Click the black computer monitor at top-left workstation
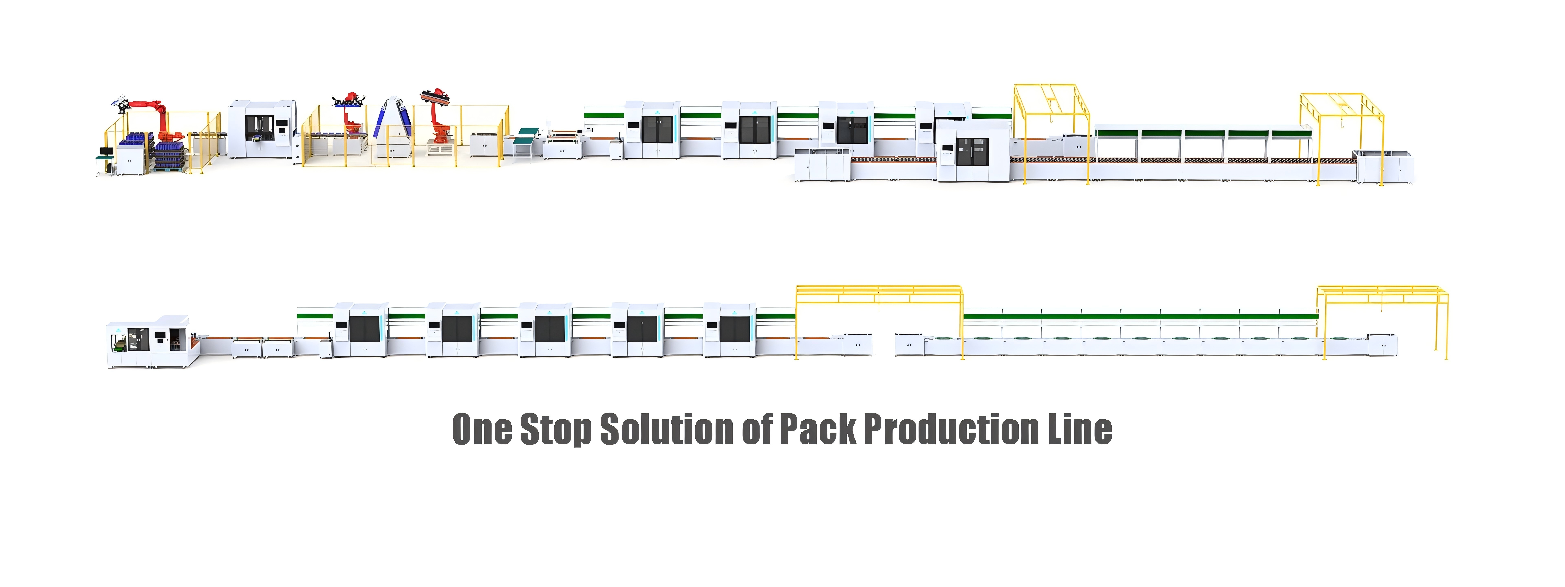tap(106, 151)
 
